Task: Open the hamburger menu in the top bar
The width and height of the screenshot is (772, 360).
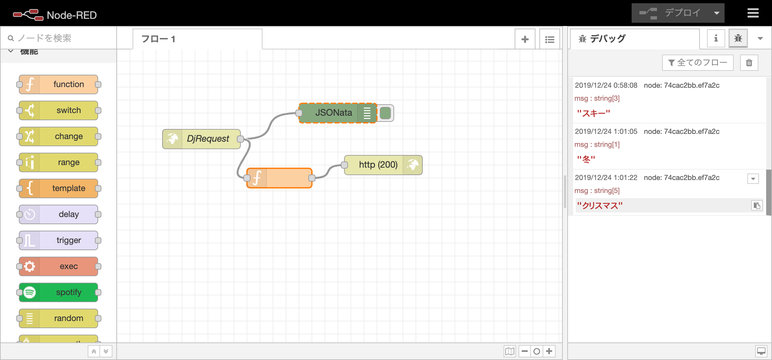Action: [753, 13]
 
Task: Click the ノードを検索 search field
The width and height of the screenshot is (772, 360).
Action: [62, 38]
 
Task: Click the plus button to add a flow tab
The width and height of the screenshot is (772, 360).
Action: [525, 39]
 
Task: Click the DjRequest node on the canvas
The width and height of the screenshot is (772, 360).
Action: [201, 139]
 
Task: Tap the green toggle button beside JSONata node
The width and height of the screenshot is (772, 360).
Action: [385, 113]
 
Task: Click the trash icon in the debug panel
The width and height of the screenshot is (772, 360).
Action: [749, 63]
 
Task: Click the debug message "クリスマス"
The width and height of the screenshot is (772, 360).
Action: [600, 206]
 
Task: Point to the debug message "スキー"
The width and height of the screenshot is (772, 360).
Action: [593, 113]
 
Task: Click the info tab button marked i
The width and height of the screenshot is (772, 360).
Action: [716, 39]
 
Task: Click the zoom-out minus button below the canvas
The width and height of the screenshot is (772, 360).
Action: [524, 351]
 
